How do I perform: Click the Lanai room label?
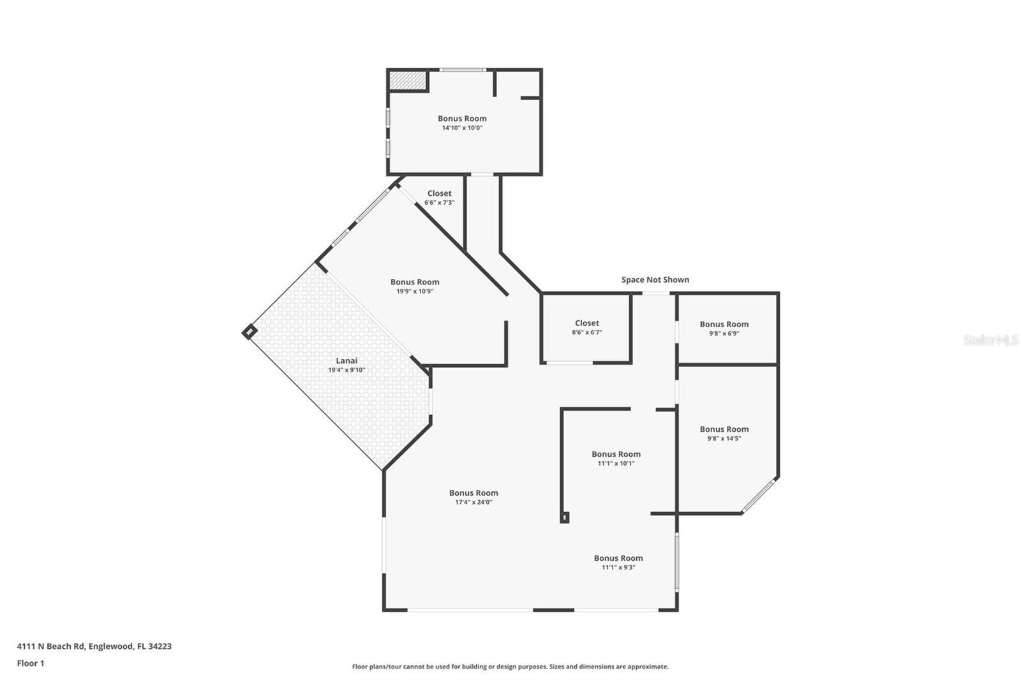[347, 361]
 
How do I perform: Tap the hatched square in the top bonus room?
[407, 81]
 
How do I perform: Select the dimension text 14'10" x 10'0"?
[462, 128]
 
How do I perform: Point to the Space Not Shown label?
[655, 280]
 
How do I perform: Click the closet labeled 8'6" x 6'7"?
[586, 323]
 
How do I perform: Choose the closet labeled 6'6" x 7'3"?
[439, 193]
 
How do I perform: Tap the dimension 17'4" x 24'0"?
[473, 503]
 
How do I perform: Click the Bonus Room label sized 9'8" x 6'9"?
[724, 324]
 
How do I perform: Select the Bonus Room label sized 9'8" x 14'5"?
[724, 429]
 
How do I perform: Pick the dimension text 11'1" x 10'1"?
[616, 464]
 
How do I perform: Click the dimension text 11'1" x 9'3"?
[618, 568]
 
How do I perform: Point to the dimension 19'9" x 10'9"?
[415, 292]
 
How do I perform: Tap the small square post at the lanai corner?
[249, 332]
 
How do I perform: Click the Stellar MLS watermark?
[990, 340]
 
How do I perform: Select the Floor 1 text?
[31, 663]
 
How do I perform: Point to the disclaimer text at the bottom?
[510, 667]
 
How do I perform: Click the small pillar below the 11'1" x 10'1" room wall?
[564, 517]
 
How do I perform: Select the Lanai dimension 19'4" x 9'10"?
[347, 370]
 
